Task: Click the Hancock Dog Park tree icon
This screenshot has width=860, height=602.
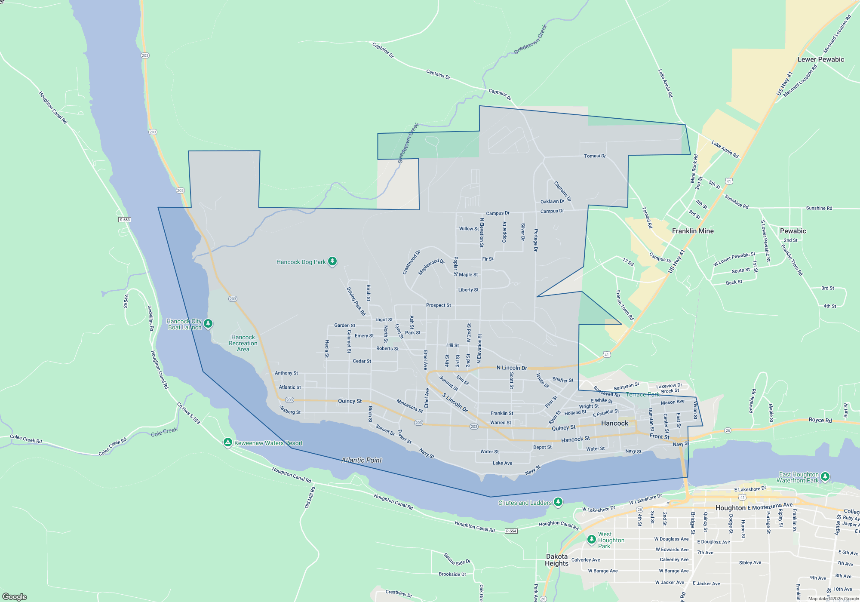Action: click(x=332, y=261)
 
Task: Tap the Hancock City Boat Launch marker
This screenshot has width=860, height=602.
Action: click(x=208, y=323)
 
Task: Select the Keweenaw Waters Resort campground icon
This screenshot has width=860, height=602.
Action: click(x=228, y=442)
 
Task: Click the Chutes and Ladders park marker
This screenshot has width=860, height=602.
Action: click(x=558, y=501)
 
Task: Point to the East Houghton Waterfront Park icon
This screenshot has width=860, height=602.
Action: click(x=825, y=476)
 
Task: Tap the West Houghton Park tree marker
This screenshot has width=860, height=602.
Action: click(x=592, y=539)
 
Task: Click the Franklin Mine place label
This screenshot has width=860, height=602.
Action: click(x=693, y=231)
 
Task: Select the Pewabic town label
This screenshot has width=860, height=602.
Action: click(x=793, y=231)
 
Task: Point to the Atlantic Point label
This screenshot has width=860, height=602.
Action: click(x=361, y=460)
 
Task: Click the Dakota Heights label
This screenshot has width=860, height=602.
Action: click(x=557, y=560)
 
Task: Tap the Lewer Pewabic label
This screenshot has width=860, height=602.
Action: click(x=821, y=59)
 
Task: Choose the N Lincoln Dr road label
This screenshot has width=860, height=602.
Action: click(x=512, y=368)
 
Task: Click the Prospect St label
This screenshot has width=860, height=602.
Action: click(x=439, y=305)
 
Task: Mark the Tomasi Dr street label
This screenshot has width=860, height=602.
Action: click(x=595, y=156)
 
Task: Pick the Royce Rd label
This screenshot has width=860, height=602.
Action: click(x=820, y=420)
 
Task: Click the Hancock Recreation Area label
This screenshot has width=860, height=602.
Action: click(x=243, y=343)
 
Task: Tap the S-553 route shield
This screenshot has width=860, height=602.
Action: click(x=125, y=220)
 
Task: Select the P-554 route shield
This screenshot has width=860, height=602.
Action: click(x=511, y=531)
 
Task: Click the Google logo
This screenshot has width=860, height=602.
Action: click(x=15, y=596)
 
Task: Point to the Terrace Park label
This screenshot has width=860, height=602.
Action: click(x=642, y=394)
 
